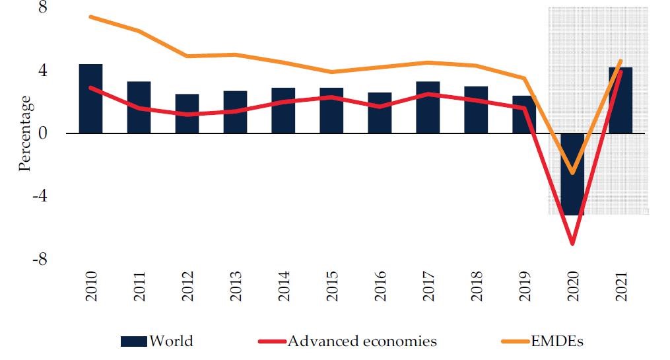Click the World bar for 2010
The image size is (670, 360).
pos(90,98)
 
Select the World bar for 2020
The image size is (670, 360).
pos(572,174)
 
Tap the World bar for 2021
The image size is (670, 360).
pos(620,100)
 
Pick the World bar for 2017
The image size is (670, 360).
pos(428,107)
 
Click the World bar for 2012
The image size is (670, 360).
pos(187,114)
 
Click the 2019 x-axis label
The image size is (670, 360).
pos(524,286)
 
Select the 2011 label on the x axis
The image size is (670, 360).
pos(139,286)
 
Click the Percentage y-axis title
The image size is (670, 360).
pos(25,133)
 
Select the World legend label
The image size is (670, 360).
pos(171,342)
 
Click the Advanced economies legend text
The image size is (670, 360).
pos(362,342)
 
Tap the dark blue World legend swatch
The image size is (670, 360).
pos(134,342)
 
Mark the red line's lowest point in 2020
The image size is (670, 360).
pos(572,244)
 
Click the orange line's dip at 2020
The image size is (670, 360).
pos(572,173)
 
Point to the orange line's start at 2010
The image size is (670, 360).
pos(90,17)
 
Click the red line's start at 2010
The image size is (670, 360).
pos(90,87)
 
